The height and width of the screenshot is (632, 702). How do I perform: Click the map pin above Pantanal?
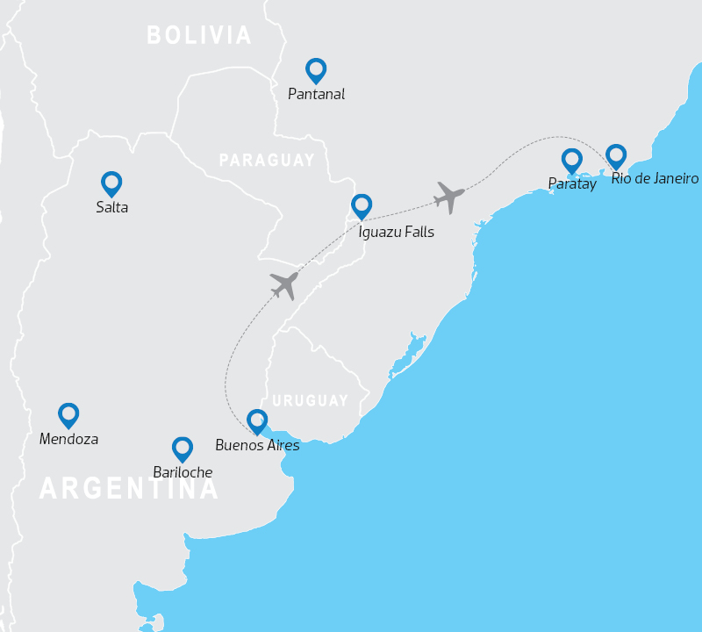316,70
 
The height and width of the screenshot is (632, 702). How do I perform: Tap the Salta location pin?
111,183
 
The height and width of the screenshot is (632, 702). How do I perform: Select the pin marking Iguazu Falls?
362,206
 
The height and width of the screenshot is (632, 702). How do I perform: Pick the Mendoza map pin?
68,415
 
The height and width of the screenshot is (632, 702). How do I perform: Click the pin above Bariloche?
183,449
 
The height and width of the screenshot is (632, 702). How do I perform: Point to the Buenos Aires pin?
257,421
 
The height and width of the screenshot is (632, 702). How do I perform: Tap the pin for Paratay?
572,161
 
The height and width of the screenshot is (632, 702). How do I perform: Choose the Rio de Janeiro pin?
617,156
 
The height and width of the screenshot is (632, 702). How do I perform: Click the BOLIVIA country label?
199,35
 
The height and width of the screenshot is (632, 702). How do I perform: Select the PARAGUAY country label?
267,161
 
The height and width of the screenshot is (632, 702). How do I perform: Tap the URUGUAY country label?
311,400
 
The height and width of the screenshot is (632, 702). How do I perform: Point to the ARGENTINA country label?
129,489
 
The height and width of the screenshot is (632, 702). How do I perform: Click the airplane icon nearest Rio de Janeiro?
449,197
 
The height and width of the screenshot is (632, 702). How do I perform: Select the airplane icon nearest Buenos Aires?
285,284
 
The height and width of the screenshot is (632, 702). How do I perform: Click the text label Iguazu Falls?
397,233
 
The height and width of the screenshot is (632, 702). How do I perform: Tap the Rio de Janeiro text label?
655,179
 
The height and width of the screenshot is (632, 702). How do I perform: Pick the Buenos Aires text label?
257,445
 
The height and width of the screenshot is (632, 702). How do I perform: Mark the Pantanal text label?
317,94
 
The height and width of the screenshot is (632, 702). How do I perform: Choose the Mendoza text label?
68,439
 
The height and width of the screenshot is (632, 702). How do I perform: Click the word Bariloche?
183,472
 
